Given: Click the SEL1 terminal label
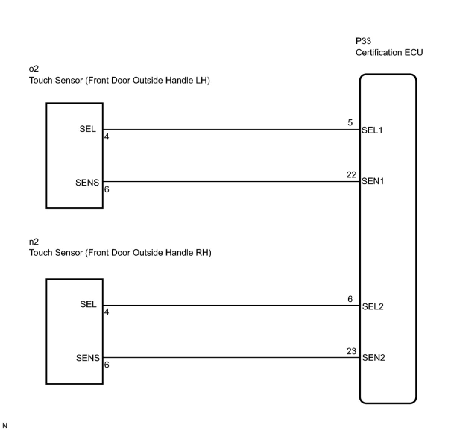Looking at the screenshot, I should pos(372,130).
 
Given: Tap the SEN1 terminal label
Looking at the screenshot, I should pos(373,182).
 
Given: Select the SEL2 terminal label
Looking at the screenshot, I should pos(373,306).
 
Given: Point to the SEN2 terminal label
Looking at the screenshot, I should pos(373,358).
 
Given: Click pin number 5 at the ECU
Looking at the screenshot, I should pos(350,123).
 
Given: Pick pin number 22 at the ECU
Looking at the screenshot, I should pos(351,174).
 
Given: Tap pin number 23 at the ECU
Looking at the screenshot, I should pos(351,351).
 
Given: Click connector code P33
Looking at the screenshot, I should pos(363,41).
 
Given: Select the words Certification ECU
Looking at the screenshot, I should pos(389,53).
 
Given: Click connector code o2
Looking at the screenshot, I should pos(34,69).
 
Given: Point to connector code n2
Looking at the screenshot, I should pos(34,241).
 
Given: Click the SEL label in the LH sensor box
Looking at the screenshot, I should pos(88,129).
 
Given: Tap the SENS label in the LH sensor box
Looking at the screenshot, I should pos(87,182).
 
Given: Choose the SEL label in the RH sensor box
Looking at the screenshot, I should pos(88,304).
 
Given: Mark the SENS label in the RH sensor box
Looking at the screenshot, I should pos(88,358).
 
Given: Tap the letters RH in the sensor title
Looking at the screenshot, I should pos(202,252).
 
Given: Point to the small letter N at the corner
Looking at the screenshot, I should pos(5,425).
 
